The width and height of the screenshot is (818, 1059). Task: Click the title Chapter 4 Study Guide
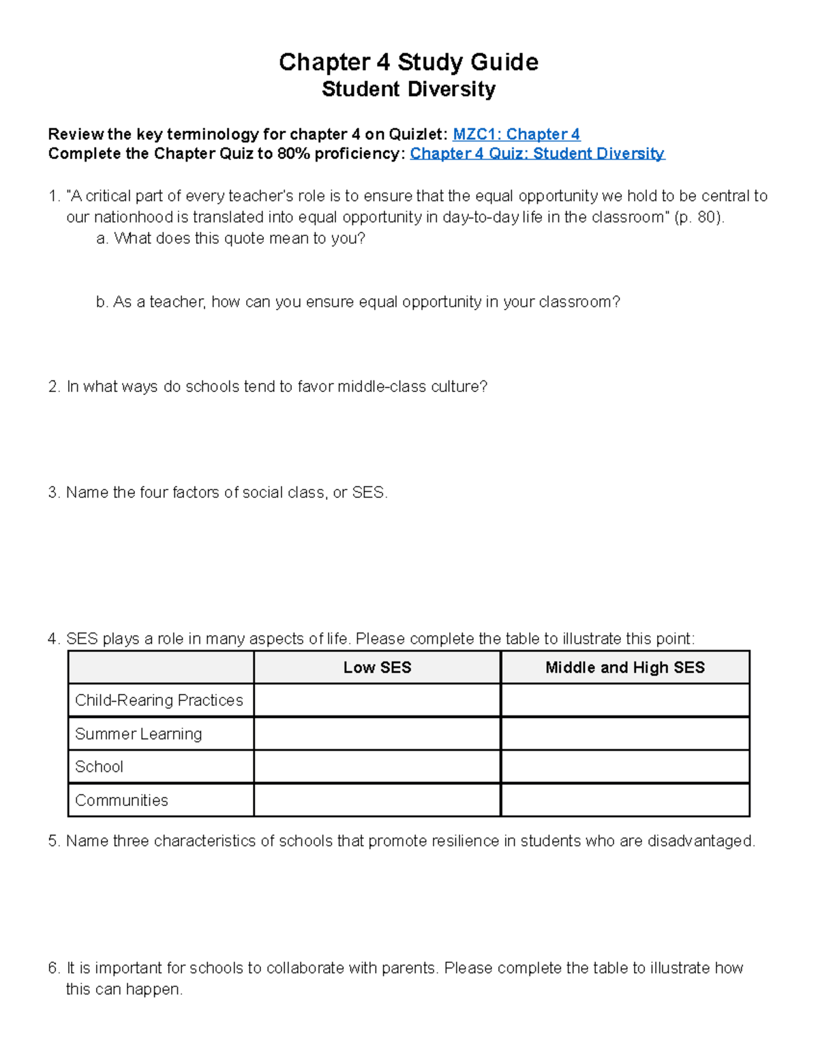(408, 62)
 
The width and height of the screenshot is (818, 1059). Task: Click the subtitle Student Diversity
(408, 89)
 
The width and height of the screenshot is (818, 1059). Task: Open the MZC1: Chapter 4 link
(516, 134)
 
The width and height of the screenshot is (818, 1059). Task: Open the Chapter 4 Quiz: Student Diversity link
(536, 153)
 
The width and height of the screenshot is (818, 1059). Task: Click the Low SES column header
(377, 668)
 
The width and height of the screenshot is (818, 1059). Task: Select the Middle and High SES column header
(624, 668)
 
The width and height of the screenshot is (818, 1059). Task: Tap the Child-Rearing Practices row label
(159, 700)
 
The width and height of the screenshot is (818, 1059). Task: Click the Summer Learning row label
(138, 734)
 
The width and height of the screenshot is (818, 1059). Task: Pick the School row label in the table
(99, 766)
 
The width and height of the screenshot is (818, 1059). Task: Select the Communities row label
(121, 800)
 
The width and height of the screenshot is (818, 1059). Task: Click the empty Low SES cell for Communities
(377, 800)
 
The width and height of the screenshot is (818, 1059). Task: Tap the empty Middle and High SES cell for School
(624, 766)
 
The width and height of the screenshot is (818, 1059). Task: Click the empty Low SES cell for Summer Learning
(377, 734)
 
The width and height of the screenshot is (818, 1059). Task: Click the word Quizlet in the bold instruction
(417, 134)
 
